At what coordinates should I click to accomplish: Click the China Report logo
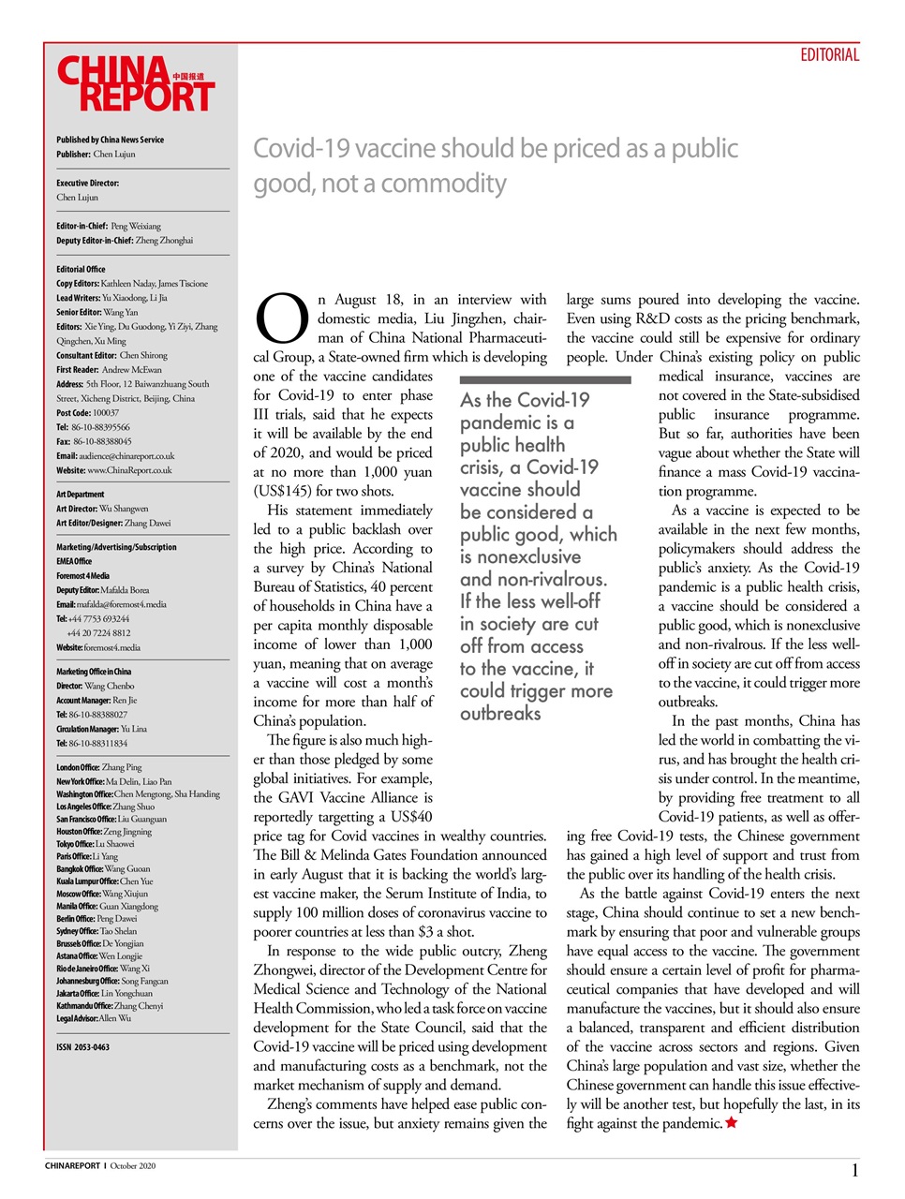tap(136, 84)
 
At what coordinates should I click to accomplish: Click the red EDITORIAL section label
tap(829, 55)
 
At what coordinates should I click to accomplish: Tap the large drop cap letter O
tap(282, 319)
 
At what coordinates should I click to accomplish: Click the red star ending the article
tap(732, 1122)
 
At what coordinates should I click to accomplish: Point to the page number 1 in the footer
tap(854, 1169)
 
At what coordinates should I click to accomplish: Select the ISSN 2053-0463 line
tap(82, 1047)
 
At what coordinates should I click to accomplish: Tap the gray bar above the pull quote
tap(545, 379)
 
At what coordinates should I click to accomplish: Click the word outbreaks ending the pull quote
tap(500, 714)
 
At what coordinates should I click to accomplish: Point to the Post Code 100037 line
tap(88, 412)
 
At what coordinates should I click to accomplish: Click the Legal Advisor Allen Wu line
tap(94, 1018)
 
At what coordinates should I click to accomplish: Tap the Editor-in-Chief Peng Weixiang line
tap(109, 226)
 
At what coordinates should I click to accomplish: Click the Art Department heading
tap(81, 495)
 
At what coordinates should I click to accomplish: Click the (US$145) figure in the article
tap(282, 491)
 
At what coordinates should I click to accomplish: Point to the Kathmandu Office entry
tap(110, 1006)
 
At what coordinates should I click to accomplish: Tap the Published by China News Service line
tap(110, 140)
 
